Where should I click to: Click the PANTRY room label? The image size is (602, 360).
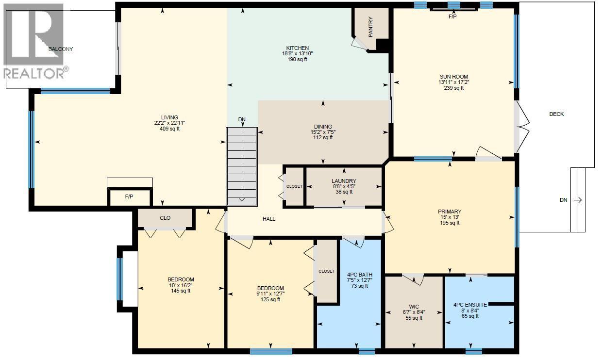(x=370, y=28)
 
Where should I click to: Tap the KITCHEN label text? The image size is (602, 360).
(x=297, y=48)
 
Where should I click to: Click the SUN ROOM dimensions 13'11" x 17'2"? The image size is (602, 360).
(x=453, y=82)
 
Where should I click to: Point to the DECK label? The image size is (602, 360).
(x=556, y=114)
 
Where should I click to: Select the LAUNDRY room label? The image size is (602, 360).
(x=344, y=181)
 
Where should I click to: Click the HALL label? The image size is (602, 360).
(x=269, y=219)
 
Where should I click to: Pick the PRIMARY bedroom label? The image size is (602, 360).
(x=450, y=211)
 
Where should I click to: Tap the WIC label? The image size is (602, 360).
(x=414, y=306)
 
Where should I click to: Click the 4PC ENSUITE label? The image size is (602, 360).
(x=469, y=305)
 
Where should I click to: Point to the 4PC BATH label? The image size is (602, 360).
(x=359, y=275)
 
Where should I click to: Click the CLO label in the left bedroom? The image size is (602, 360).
(x=165, y=218)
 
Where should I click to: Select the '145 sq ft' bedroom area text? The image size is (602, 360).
(x=181, y=291)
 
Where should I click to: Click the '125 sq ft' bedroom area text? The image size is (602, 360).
(x=270, y=299)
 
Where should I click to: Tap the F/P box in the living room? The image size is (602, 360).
(x=129, y=197)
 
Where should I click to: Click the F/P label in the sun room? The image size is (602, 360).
(x=452, y=16)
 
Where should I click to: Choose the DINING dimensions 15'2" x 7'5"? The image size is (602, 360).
(x=323, y=132)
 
